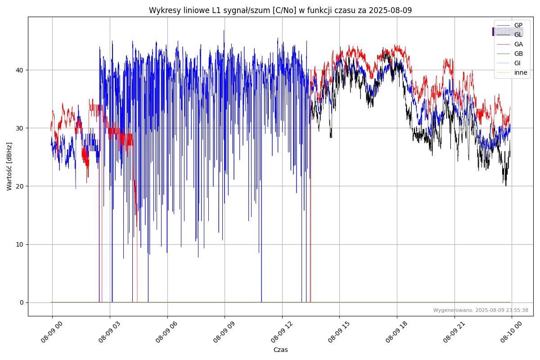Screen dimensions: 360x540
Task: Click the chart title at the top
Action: click(280, 10)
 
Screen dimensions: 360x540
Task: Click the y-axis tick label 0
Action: click(21, 302)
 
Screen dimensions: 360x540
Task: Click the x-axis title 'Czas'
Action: click(280, 350)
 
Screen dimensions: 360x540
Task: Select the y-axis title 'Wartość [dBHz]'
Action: click(9, 166)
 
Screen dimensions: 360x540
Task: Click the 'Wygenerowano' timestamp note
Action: click(481, 310)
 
